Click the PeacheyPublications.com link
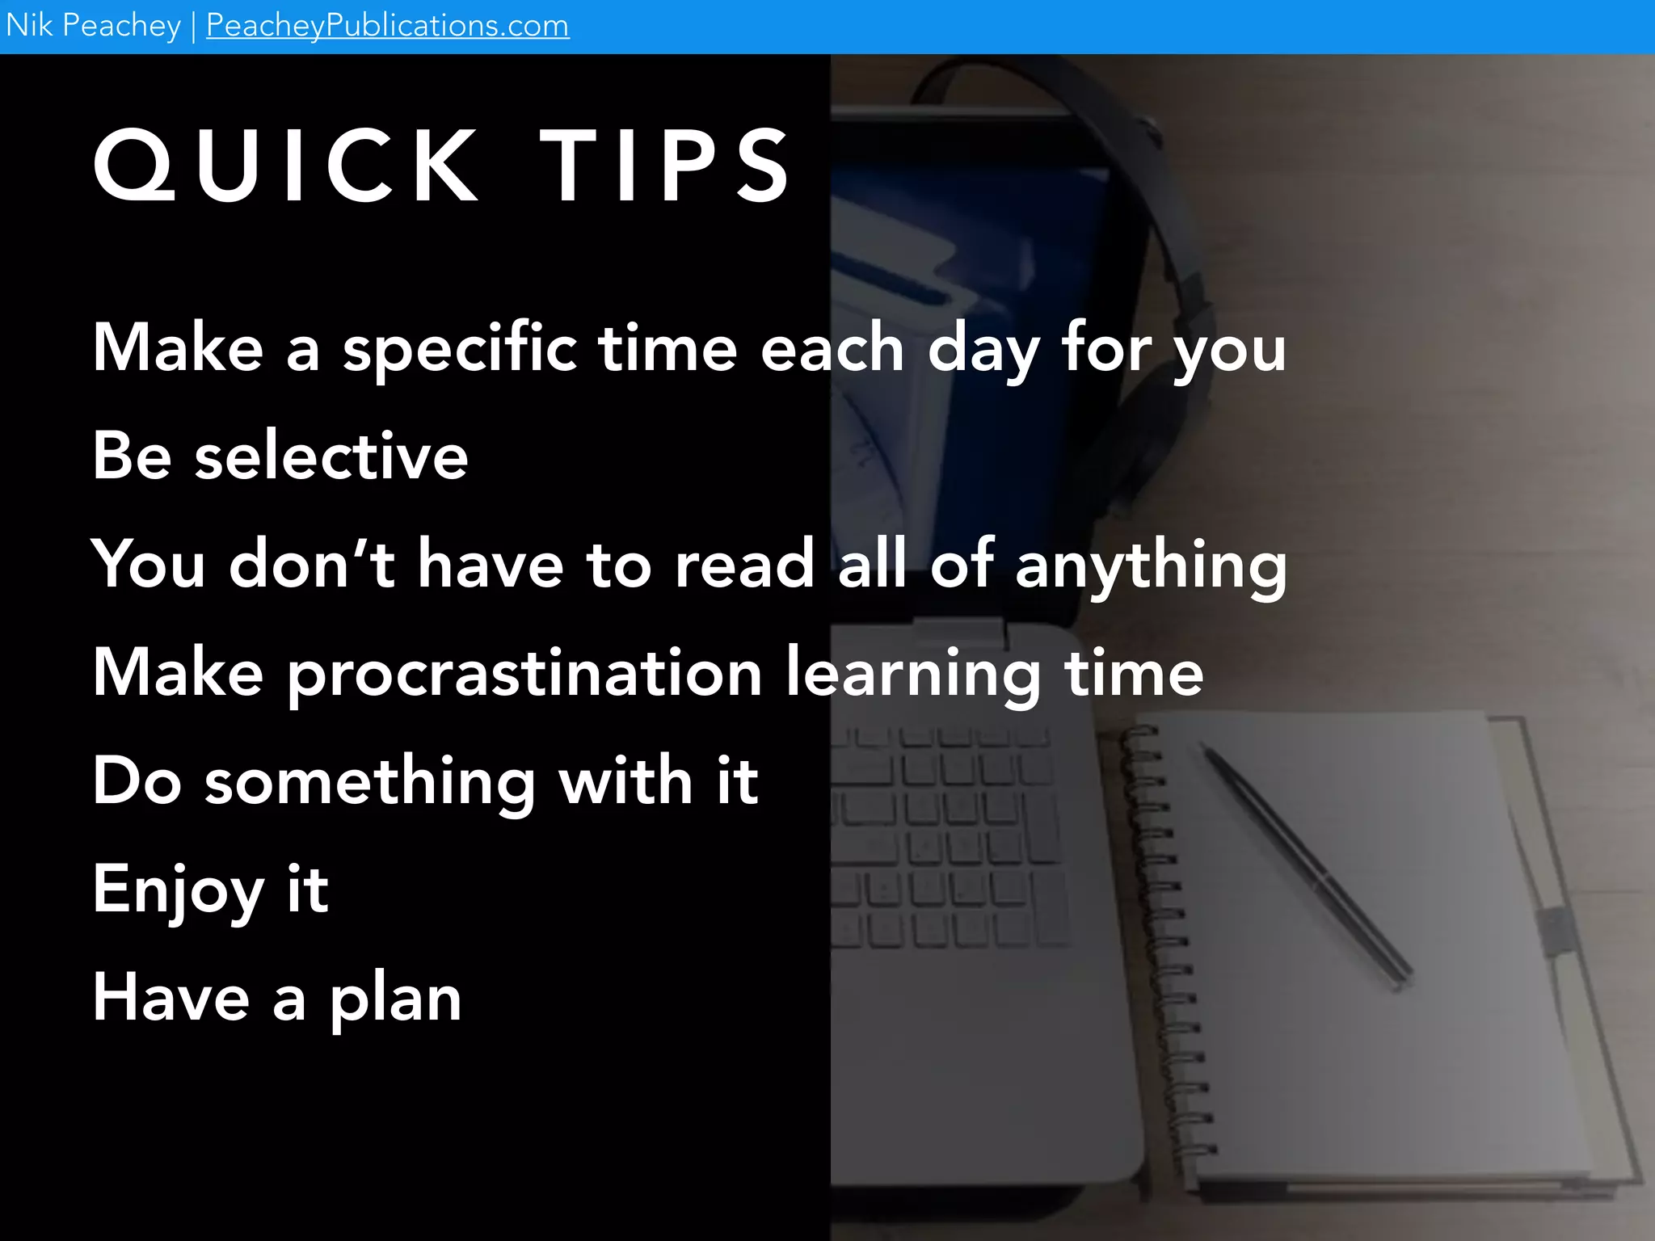[x=387, y=26]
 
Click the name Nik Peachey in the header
[x=93, y=26]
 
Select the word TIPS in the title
[x=665, y=166]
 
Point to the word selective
[x=331, y=456]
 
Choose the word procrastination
[x=525, y=675]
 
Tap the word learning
[x=913, y=675]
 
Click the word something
[x=370, y=783]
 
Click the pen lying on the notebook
[x=1305, y=864]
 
